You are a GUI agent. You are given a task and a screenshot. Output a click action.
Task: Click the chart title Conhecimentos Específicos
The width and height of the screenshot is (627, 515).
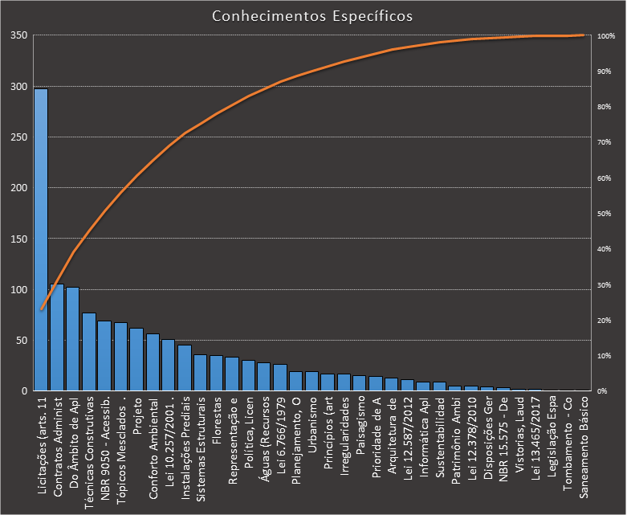pyautogui.click(x=312, y=16)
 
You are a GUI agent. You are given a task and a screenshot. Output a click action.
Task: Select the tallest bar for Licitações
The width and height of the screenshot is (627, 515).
pyautogui.click(x=41, y=241)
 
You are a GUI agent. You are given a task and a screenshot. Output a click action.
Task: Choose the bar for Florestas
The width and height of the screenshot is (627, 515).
pyautogui.click(x=216, y=374)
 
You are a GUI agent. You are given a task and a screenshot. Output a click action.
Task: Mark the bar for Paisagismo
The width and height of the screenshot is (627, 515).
pyautogui.click(x=359, y=383)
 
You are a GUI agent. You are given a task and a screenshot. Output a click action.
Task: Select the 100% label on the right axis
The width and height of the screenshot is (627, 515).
pyautogui.click(x=606, y=36)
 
